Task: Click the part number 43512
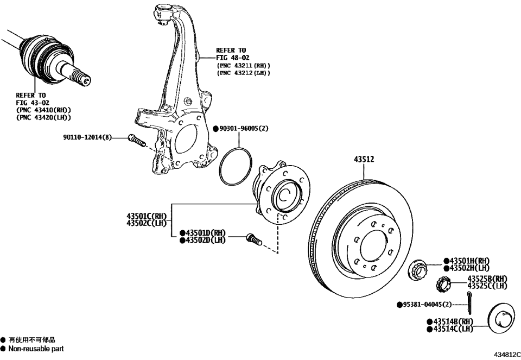coord(364,160)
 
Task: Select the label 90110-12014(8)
coord(87,138)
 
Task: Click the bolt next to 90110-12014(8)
coord(137,141)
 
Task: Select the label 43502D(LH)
coord(204,240)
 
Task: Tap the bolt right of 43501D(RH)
coord(253,238)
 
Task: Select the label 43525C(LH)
coord(487,286)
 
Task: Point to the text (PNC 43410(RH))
coord(43,110)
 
